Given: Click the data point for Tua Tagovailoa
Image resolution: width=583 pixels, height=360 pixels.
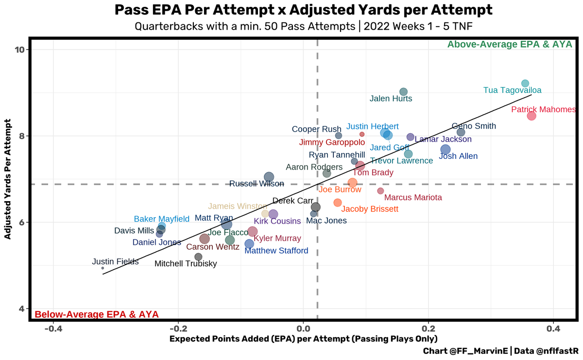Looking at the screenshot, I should pyautogui.click(x=525, y=84).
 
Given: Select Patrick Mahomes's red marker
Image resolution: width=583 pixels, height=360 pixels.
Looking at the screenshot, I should pyautogui.click(x=532, y=116).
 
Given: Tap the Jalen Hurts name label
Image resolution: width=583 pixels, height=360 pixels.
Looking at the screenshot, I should pyautogui.click(x=391, y=99).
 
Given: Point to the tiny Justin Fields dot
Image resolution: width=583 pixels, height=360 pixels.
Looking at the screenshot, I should pyautogui.click(x=103, y=268).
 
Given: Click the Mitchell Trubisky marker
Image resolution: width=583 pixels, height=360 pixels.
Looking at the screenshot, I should pyautogui.click(x=198, y=257).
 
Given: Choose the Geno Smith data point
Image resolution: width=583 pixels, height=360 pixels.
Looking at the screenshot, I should pyautogui.click(x=461, y=132).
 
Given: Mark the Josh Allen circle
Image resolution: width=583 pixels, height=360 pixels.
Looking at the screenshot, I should pyautogui.click(x=445, y=149).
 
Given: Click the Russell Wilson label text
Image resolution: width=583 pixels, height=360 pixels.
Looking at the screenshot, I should pyautogui.click(x=257, y=184).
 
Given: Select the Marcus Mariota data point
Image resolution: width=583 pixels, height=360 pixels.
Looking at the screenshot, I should pyautogui.click(x=380, y=191).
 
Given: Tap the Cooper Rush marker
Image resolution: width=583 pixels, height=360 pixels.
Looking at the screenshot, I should pyautogui.click(x=339, y=136).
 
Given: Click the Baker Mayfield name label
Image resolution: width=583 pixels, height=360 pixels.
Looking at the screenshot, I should pyautogui.click(x=161, y=219).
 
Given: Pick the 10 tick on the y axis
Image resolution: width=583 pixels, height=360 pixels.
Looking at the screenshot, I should pyautogui.click(x=22, y=50).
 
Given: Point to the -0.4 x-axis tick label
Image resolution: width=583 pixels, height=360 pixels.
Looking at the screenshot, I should pyautogui.click(x=53, y=329).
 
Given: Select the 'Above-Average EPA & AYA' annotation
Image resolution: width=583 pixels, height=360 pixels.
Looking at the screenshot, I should pyautogui.click(x=510, y=45).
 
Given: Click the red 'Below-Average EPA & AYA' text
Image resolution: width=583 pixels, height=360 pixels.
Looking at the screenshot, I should pyautogui.click(x=97, y=314).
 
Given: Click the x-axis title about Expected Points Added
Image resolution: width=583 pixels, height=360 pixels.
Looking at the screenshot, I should pyautogui.click(x=303, y=339).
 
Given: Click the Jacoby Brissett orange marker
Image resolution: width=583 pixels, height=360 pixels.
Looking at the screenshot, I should pyautogui.click(x=338, y=203).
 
